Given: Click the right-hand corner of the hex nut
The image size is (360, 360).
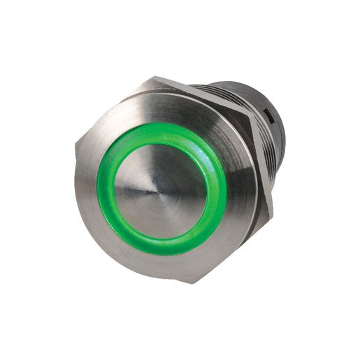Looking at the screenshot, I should tap(275, 197).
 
